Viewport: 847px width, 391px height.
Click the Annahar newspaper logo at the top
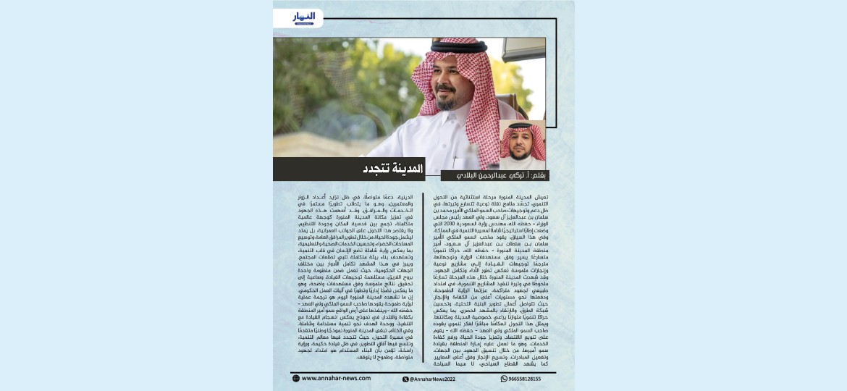click(303, 17)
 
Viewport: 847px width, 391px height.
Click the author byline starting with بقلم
click(495, 175)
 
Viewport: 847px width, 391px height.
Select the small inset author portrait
click(522, 144)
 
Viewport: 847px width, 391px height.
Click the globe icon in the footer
click(296, 378)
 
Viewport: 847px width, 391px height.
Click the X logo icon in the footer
click(405, 379)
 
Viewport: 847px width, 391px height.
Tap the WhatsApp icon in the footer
click(504, 378)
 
